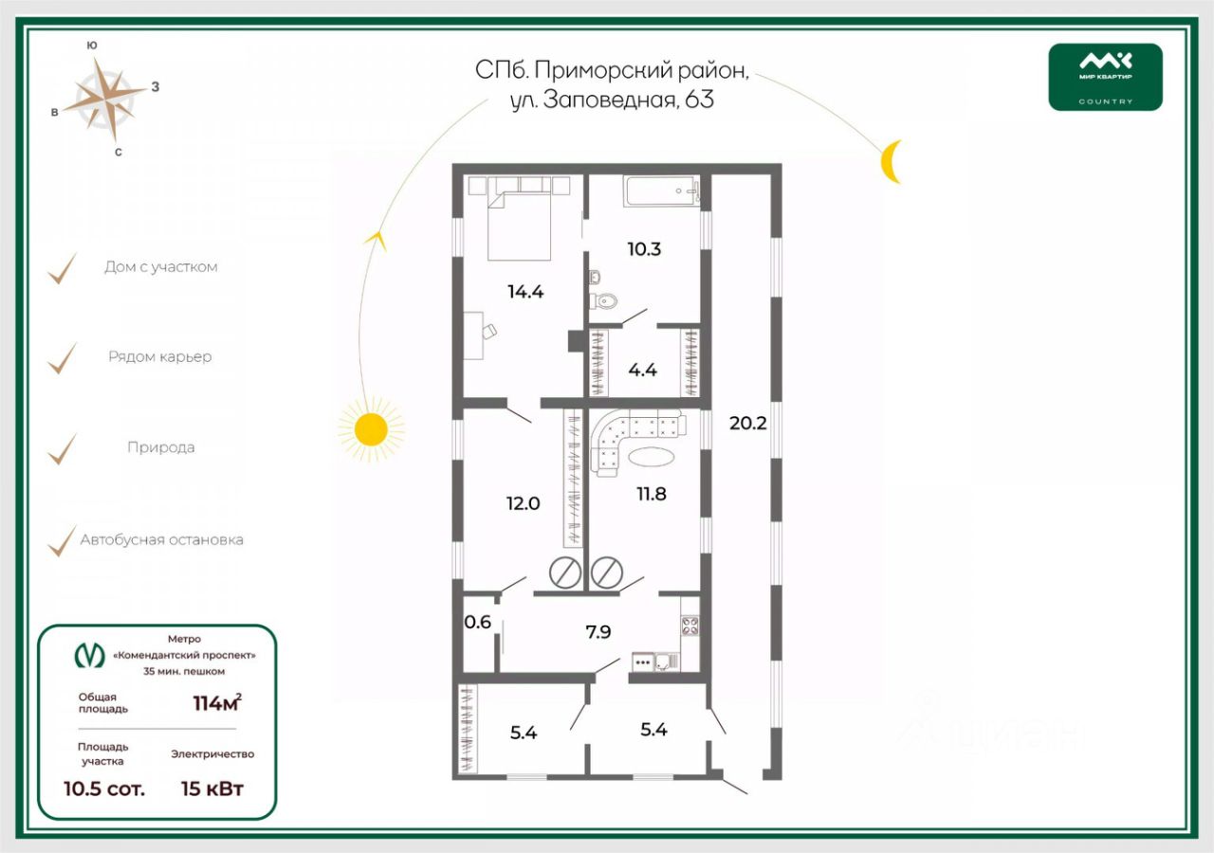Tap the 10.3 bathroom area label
pos(643,249)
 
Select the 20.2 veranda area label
pos(747,423)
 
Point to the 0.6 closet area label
pos(477,623)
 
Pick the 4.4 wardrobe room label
pos(642,370)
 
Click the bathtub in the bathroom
pos(661,191)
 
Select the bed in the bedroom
pos(520,223)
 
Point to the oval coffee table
pos(653,456)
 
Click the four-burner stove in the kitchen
pos(689,626)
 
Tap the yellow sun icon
pos(370,429)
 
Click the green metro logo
pos(90,655)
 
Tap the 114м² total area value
pos(216,702)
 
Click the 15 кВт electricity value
pos(212,788)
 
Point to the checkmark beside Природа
pos(62,448)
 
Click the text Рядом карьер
pos(159,357)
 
